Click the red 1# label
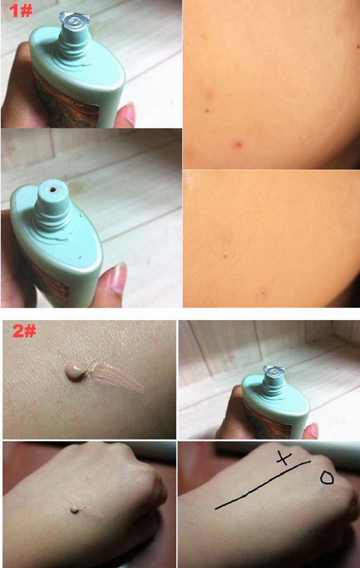(x=21, y=10)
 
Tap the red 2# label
(x=24, y=330)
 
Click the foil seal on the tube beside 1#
(x=75, y=21)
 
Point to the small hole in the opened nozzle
(x=53, y=189)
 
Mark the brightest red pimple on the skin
(x=238, y=144)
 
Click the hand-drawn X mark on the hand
(x=283, y=458)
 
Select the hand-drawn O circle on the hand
(x=327, y=478)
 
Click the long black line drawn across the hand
(x=262, y=484)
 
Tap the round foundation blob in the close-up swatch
(x=76, y=371)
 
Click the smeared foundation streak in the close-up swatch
(x=115, y=377)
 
